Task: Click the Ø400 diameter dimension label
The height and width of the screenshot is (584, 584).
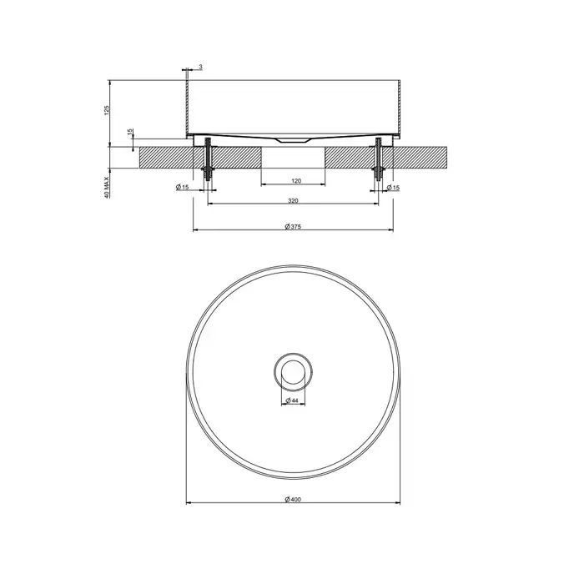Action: (x=293, y=500)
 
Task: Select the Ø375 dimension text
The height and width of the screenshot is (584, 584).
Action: (x=293, y=226)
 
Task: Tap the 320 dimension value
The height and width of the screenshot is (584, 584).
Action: (x=293, y=201)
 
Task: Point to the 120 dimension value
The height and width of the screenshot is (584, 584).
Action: (x=296, y=181)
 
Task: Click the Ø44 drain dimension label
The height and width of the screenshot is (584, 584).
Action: (x=292, y=400)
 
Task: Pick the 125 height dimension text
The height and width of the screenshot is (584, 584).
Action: (x=107, y=110)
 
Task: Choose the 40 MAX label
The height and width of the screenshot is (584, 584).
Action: (x=107, y=188)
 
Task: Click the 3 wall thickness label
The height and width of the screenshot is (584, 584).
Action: (x=200, y=67)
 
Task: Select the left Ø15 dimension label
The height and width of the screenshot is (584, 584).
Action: (x=183, y=187)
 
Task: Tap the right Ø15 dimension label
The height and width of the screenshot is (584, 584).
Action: (x=393, y=188)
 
